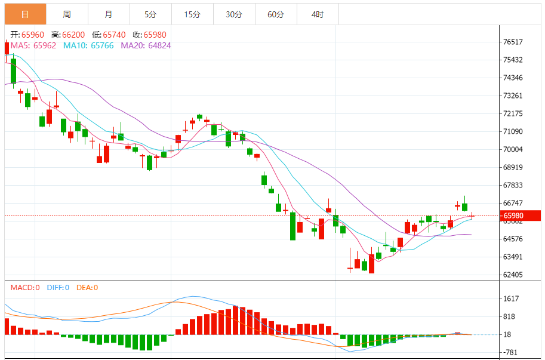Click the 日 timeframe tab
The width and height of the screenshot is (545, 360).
pyautogui.click(x=24, y=14)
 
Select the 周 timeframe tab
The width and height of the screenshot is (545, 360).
pyautogui.click(x=66, y=14)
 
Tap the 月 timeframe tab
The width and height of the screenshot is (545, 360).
pyautogui.click(x=108, y=14)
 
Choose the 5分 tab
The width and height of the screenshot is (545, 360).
pyautogui.click(x=150, y=14)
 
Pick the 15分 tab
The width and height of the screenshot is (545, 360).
pyautogui.click(x=192, y=14)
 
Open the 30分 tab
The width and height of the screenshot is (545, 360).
pyautogui.click(x=234, y=14)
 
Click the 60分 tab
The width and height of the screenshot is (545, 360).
pyautogui.click(x=276, y=14)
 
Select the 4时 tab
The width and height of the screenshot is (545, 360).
pyautogui.click(x=318, y=14)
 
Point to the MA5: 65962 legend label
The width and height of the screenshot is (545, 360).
pyautogui.click(x=33, y=45)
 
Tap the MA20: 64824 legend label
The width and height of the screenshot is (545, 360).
pyautogui.click(x=146, y=45)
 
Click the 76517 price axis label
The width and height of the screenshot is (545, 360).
pyautogui.click(x=513, y=42)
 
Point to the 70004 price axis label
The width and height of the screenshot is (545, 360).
pyautogui.click(x=513, y=149)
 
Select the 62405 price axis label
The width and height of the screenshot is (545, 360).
pyautogui.click(x=513, y=275)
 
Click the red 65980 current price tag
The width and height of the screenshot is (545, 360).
pyautogui.click(x=518, y=216)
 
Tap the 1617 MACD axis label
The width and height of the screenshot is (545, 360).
pyautogui.click(x=511, y=299)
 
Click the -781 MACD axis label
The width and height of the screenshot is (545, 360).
pyautogui.click(x=510, y=352)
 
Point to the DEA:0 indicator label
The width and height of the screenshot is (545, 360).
pyautogui.click(x=87, y=287)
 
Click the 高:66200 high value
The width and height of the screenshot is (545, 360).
pyautogui.click(x=68, y=35)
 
